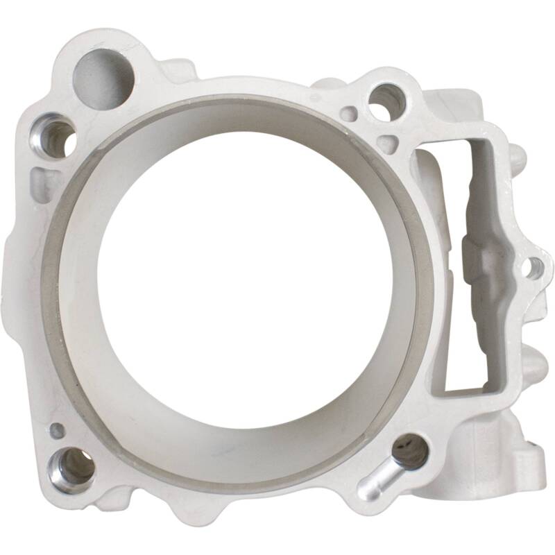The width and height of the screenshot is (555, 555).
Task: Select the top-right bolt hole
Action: tap(386, 102)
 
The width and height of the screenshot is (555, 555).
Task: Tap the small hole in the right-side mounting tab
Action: tap(533, 267)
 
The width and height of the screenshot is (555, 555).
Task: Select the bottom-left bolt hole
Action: tap(71, 466)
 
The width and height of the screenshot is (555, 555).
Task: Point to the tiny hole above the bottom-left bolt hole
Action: tap(58, 430)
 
